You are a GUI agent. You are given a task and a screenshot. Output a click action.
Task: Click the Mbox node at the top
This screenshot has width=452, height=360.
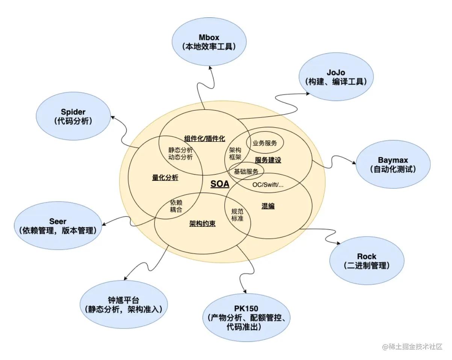(209, 42)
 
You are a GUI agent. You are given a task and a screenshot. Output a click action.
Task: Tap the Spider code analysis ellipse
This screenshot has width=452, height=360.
(73, 116)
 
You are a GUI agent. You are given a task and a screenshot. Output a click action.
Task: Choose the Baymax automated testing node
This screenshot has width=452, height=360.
(393, 164)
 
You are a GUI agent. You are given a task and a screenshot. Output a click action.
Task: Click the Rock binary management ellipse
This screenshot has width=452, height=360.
(366, 261)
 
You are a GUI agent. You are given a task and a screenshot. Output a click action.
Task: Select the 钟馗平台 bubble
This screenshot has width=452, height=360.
(123, 304)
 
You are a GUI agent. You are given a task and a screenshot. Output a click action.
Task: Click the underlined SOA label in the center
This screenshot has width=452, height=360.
(220, 184)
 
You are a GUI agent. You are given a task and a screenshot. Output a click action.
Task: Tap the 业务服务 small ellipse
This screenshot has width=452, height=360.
(265, 143)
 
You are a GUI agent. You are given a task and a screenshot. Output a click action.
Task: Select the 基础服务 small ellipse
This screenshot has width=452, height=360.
(246, 172)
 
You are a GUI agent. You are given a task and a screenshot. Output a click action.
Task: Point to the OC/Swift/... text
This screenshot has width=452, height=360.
(268, 185)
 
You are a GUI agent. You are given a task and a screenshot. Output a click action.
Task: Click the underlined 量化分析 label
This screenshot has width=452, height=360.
(165, 178)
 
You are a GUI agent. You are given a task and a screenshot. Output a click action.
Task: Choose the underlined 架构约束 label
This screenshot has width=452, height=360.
(203, 224)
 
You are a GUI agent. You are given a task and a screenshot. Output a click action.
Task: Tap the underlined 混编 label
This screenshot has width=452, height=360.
(268, 206)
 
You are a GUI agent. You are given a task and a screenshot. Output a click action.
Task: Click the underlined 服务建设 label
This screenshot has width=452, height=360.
(268, 160)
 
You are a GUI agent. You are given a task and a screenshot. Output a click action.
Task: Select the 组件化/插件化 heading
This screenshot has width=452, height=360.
(205, 138)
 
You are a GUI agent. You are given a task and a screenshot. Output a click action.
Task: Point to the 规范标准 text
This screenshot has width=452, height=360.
(237, 215)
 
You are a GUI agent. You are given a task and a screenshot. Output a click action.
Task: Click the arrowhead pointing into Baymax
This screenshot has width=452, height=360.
(354, 163)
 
